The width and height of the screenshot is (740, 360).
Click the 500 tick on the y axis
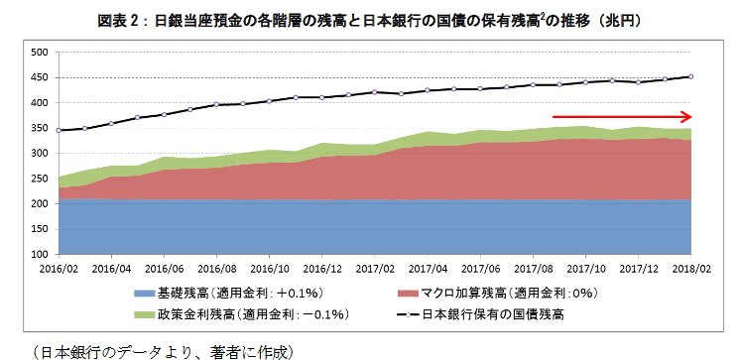[x=40, y=53]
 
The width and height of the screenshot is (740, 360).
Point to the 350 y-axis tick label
[x=40, y=128]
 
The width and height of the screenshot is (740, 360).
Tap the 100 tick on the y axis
[x=40, y=254]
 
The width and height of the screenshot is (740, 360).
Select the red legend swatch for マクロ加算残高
[x=408, y=294]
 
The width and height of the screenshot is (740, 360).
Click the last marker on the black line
[x=690, y=76]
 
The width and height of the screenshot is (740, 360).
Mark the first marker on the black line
[x=60, y=130]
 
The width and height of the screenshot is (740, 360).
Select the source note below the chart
[x=165, y=350]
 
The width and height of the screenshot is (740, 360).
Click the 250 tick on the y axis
[x=40, y=179]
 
